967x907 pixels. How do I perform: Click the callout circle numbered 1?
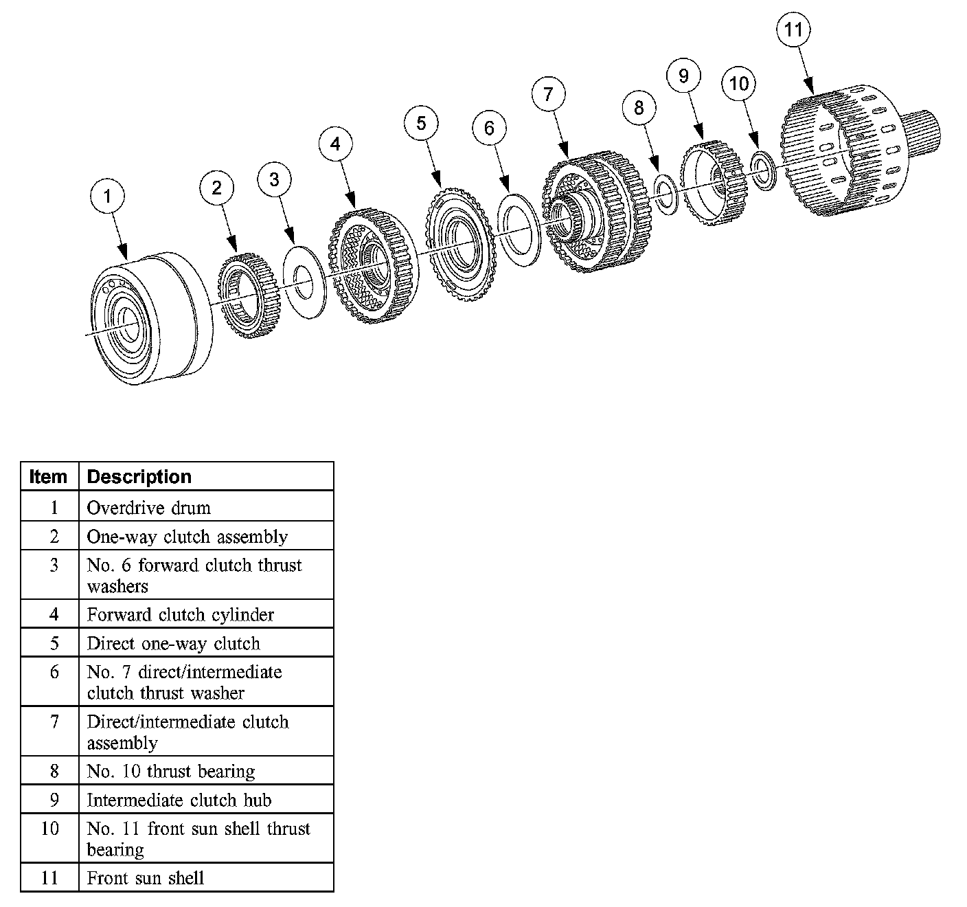(x=107, y=196)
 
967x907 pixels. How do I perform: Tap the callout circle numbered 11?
(x=793, y=30)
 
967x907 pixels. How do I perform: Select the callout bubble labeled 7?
(x=548, y=93)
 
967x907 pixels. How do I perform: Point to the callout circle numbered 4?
(x=335, y=144)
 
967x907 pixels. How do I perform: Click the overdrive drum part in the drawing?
(x=151, y=318)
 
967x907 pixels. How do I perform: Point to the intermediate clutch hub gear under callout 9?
(x=714, y=183)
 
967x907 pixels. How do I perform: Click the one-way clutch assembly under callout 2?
(x=249, y=295)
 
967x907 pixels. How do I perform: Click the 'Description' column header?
(x=139, y=476)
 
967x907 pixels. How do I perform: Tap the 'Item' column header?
(x=48, y=476)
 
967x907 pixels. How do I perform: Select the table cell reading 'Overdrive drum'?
(x=149, y=507)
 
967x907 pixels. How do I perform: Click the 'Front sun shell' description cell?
(x=145, y=877)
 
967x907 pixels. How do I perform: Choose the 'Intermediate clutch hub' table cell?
(x=179, y=800)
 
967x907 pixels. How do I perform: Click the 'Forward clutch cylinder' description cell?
(x=180, y=614)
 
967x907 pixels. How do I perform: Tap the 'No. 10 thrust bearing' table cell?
(x=171, y=771)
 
